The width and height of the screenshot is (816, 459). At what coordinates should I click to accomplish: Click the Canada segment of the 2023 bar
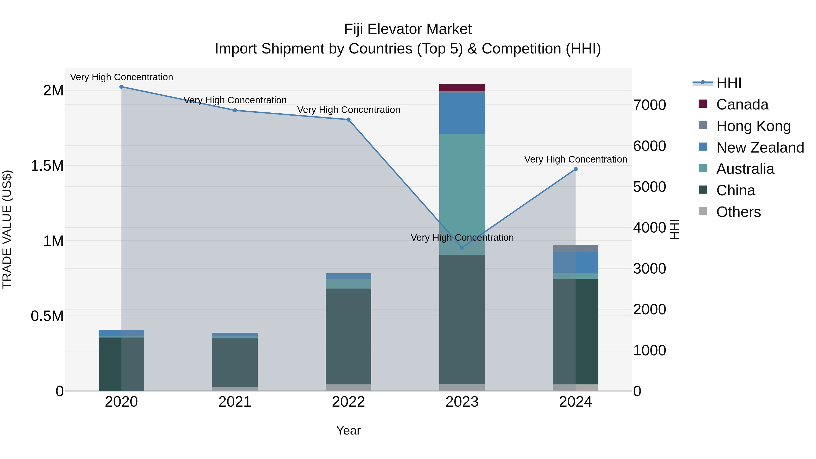[x=462, y=87]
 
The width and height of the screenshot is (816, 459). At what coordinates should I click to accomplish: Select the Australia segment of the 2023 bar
[x=462, y=194]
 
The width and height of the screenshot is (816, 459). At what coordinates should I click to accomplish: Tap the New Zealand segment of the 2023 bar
[x=462, y=113]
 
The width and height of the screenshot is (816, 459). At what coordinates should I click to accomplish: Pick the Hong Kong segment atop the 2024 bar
[x=575, y=248]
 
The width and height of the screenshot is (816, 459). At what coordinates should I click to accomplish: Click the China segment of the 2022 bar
[x=348, y=336]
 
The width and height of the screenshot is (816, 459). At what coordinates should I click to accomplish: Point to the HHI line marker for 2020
[x=121, y=87]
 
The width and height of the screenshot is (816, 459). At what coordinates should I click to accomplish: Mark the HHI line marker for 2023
[x=462, y=247]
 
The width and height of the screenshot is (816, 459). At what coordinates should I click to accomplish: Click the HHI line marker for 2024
[x=576, y=169]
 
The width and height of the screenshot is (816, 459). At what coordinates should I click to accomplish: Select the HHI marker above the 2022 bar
[x=348, y=120]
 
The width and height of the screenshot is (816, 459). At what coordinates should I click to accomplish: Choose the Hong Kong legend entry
[x=753, y=126]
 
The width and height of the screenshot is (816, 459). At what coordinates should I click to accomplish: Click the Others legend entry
[x=738, y=212]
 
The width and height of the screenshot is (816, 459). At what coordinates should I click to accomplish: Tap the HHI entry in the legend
[x=729, y=83]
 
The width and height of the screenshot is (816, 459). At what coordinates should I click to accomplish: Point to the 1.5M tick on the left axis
[x=47, y=166]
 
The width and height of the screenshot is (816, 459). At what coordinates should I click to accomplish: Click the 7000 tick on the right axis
[x=649, y=105]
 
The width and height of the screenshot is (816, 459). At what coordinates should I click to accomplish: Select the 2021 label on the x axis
[x=235, y=402]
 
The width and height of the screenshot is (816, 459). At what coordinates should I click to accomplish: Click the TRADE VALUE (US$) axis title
[x=7, y=229]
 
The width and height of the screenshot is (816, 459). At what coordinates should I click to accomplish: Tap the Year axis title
[x=348, y=430]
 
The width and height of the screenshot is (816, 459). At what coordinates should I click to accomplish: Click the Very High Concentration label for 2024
[x=576, y=159]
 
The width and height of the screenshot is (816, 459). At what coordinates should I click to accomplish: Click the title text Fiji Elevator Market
[x=408, y=29]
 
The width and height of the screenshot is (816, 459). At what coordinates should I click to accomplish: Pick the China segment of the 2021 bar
[x=235, y=362]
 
